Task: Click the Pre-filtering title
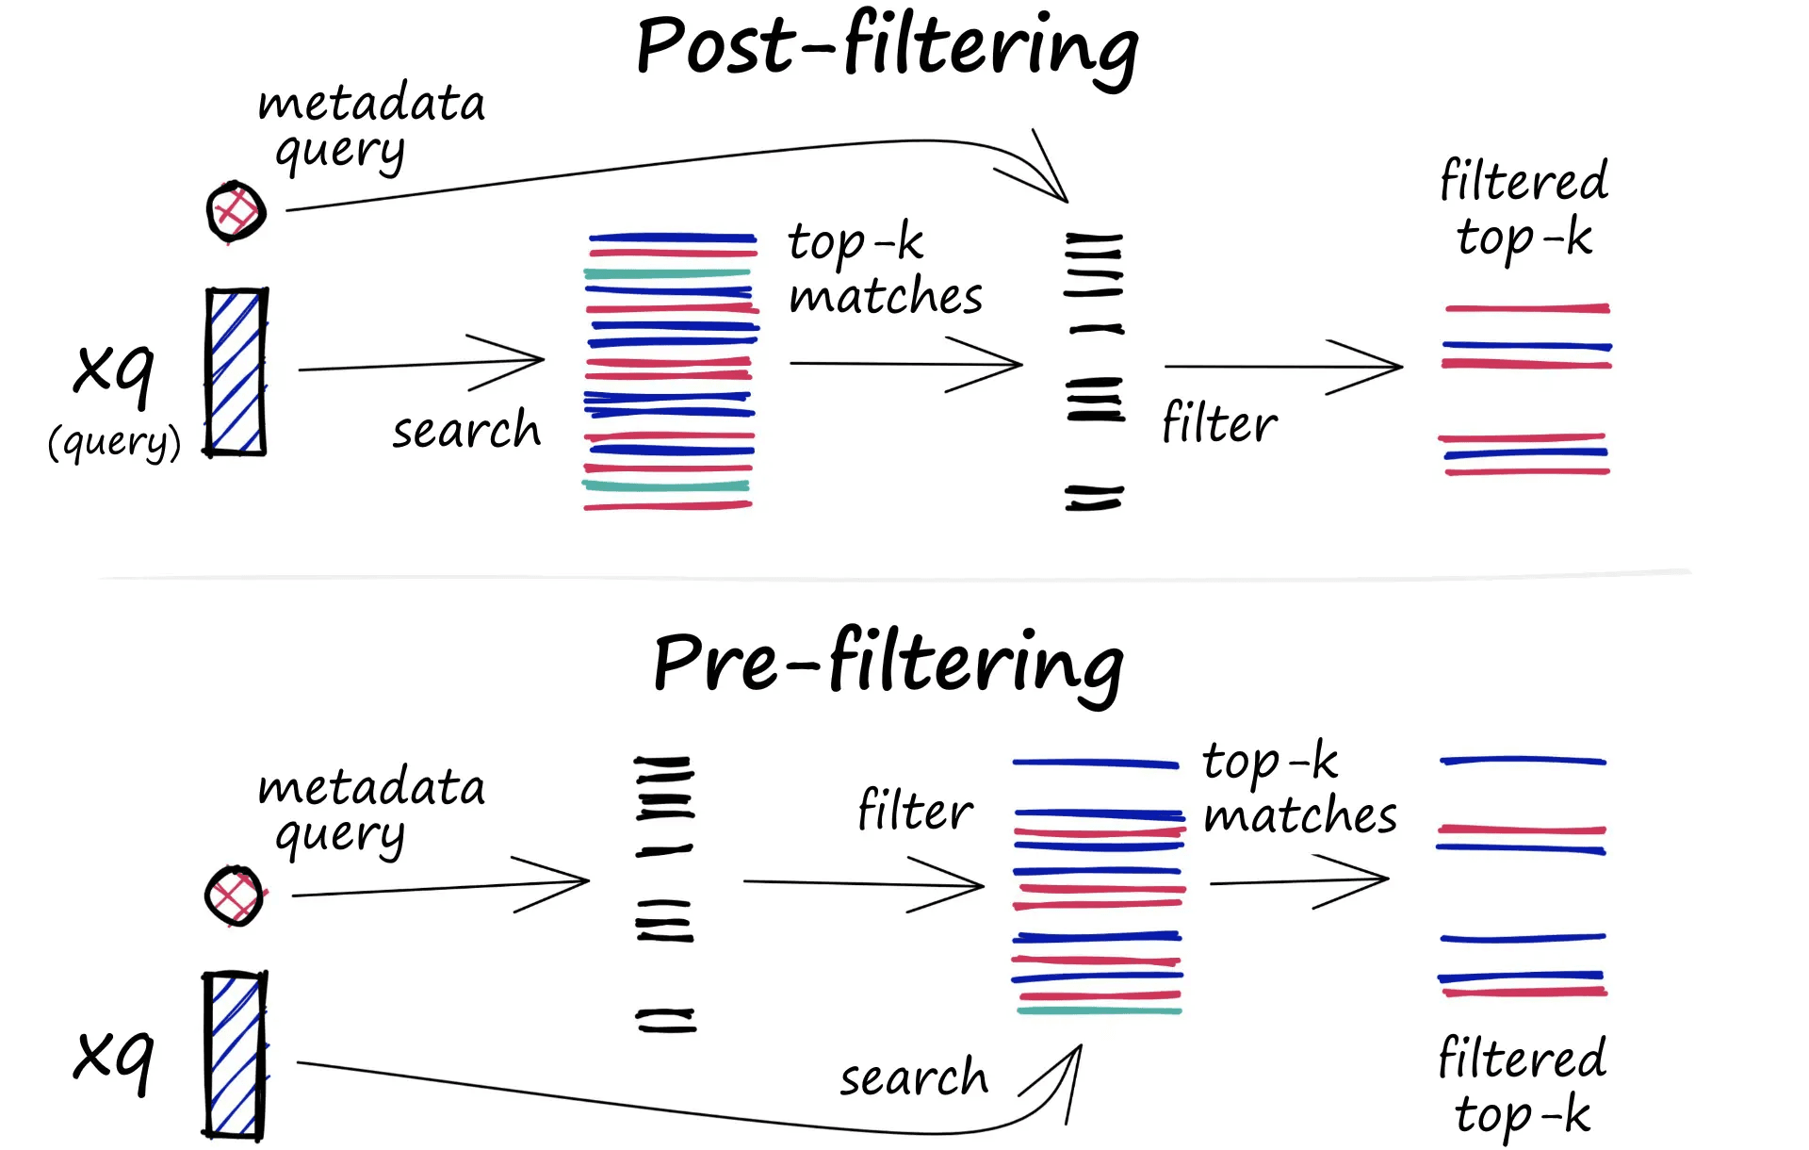[888, 663]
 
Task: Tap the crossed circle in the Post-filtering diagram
[236, 211]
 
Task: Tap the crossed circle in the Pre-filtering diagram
[234, 895]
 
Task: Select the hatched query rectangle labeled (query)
[236, 372]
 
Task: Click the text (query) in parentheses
[114, 441]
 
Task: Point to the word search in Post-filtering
[466, 430]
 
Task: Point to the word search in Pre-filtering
[913, 1076]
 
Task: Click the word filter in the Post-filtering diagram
[1219, 422]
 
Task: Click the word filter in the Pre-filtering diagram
[915, 810]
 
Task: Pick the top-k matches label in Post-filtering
[884, 270]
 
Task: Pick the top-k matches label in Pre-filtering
[1298, 788]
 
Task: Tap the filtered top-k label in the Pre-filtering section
[1522, 1084]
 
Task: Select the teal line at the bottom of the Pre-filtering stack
[1099, 1011]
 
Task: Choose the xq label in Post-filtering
[113, 369]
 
